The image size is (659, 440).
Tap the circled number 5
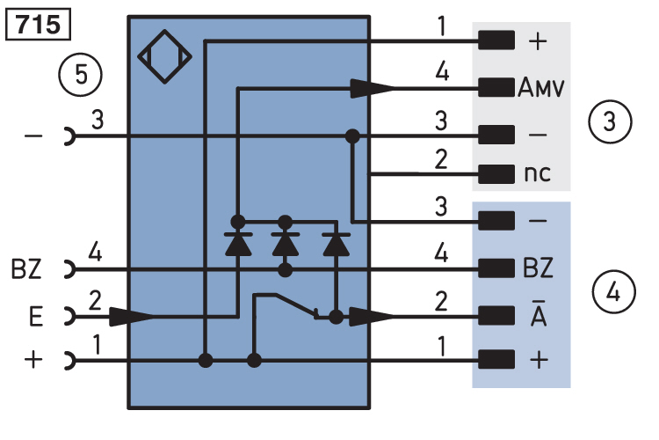pyautogui.click(x=80, y=76)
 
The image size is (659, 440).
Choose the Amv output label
pyautogui.click(x=540, y=88)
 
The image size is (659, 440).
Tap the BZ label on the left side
pyautogui.click(x=25, y=268)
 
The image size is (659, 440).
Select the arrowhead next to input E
pyautogui.click(x=132, y=315)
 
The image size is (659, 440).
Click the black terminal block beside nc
pyautogui.click(x=496, y=172)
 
